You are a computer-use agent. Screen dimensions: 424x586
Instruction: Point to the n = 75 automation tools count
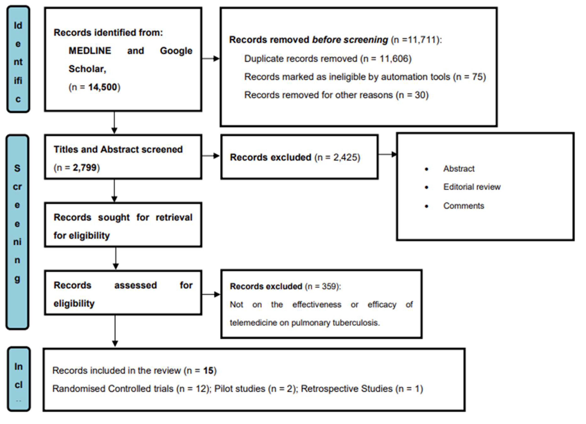coord(470,77)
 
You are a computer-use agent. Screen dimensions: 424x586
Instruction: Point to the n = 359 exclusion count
coord(323,286)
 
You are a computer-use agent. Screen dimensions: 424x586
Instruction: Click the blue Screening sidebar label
coord(17,232)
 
